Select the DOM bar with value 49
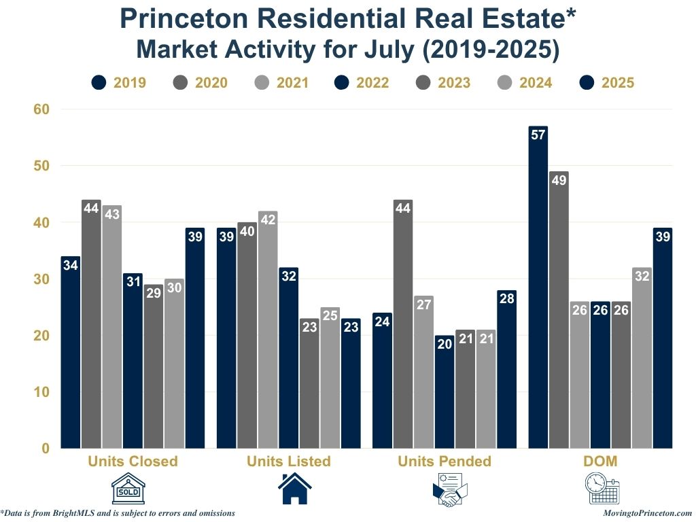point(559,309)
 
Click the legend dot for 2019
point(99,83)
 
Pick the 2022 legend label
point(372,83)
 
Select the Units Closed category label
point(133,462)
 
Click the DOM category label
point(600,462)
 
